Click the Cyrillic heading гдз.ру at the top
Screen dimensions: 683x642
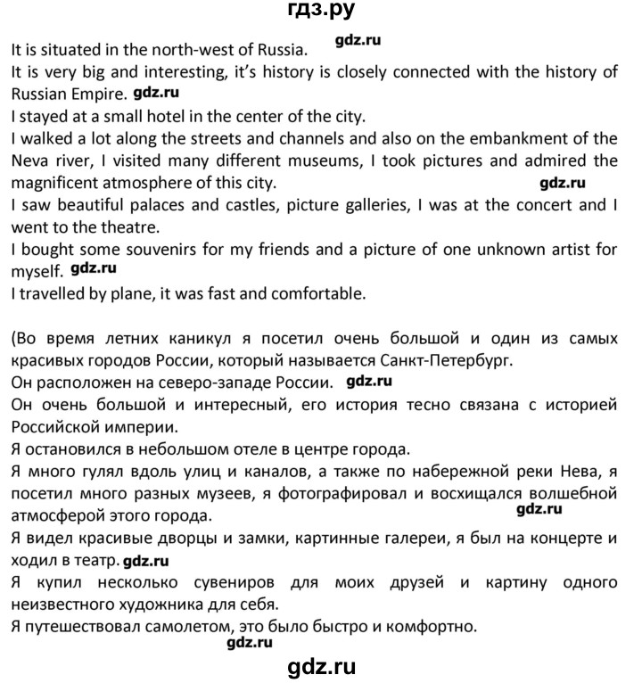coord(320,12)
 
